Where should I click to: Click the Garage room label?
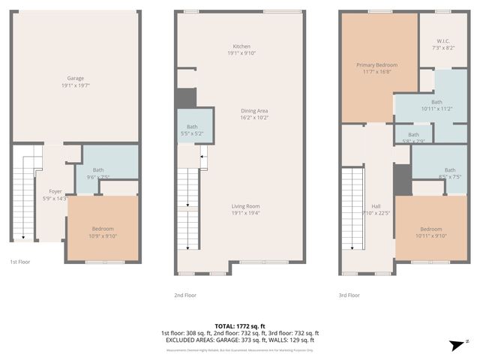point(75,78)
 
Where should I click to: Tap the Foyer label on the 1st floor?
point(55,191)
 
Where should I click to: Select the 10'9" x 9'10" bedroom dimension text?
point(103,235)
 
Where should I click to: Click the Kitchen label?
point(241,46)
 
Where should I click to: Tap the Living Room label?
point(241,206)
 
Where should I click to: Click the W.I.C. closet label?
point(439,42)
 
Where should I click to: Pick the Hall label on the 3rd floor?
point(376,206)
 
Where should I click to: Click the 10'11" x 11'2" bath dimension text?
point(436,109)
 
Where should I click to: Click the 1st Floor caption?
point(19,262)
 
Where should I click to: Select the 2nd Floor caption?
point(184,295)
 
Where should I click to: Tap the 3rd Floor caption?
point(349,295)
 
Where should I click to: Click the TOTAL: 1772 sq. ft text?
point(240,326)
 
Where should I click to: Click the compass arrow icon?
point(454,344)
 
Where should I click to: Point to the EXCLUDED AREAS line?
point(240,340)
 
